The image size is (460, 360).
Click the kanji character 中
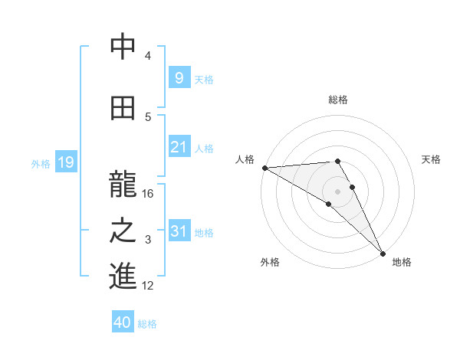(x=123, y=47)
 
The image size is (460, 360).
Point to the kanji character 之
(x=123, y=230)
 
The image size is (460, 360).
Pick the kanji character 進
(x=123, y=277)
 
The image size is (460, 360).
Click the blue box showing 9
(x=179, y=77)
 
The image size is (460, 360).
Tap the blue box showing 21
(x=179, y=147)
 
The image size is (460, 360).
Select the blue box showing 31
(x=179, y=231)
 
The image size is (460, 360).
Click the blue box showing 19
(x=66, y=162)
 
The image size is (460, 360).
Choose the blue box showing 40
(x=123, y=322)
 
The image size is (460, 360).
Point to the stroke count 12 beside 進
(x=148, y=286)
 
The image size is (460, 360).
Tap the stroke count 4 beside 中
(x=148, y=56)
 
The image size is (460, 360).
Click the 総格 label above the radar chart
(x=338, y=100)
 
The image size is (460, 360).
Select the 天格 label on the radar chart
(x=431, y=159)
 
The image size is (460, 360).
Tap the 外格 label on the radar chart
(x=270, y=262)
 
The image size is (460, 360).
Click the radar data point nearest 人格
(x=264, y=168)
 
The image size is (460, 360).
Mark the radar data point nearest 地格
(x=383, y=253)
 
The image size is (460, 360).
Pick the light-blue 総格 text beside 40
(x=147, y=323)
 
